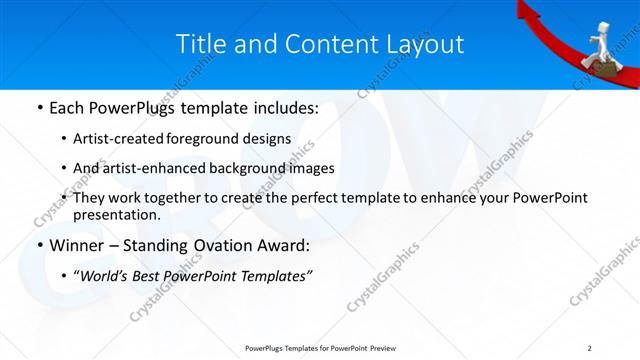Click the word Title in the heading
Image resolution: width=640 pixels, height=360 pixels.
[x=199, y=44]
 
